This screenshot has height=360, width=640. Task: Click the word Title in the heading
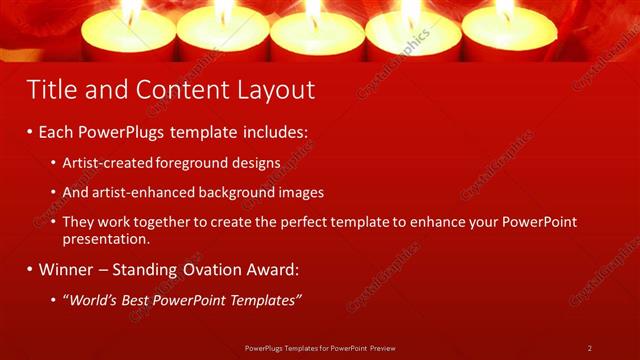tap(50, 90)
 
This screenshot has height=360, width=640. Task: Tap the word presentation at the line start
tap(106, 239)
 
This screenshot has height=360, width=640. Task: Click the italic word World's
tap(94, 300)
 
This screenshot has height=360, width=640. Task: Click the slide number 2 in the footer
tap(590, 348)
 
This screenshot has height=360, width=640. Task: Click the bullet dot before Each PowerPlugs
tap(30, 132)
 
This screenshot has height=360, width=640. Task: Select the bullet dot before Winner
tap(30, 269)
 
